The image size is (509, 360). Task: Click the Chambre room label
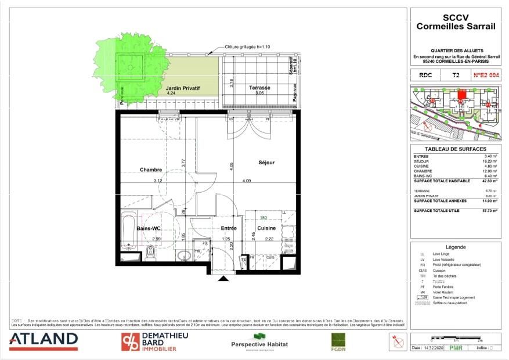(151, 170)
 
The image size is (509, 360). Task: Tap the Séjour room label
(266, 163)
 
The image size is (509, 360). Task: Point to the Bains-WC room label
(149, 229)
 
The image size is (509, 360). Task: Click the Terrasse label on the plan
(259, 88)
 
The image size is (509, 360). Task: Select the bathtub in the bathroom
(129, 230)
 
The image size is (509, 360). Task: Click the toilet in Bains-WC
(151, 252)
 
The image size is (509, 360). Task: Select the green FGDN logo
(338, 341)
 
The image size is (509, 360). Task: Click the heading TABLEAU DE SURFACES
(456, 149)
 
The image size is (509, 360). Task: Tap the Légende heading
(456, 247)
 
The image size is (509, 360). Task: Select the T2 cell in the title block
(456, 75)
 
